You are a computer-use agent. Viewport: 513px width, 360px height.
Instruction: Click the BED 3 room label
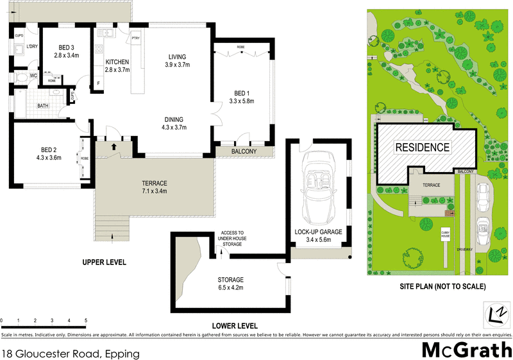(66, 51)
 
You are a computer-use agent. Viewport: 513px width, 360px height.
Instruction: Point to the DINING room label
(173, 123)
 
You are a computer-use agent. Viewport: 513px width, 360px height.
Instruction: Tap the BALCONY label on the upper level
(244, 151)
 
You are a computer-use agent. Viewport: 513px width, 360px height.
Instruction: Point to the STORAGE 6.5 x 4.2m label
(230, 283)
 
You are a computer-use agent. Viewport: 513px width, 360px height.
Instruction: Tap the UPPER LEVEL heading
(104, 262)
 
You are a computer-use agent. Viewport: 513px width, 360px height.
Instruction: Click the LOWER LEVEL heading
(235, 325)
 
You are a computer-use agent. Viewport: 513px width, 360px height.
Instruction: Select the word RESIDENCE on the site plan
(421, 147)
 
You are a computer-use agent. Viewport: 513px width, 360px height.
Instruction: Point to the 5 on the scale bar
(86, 320)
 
